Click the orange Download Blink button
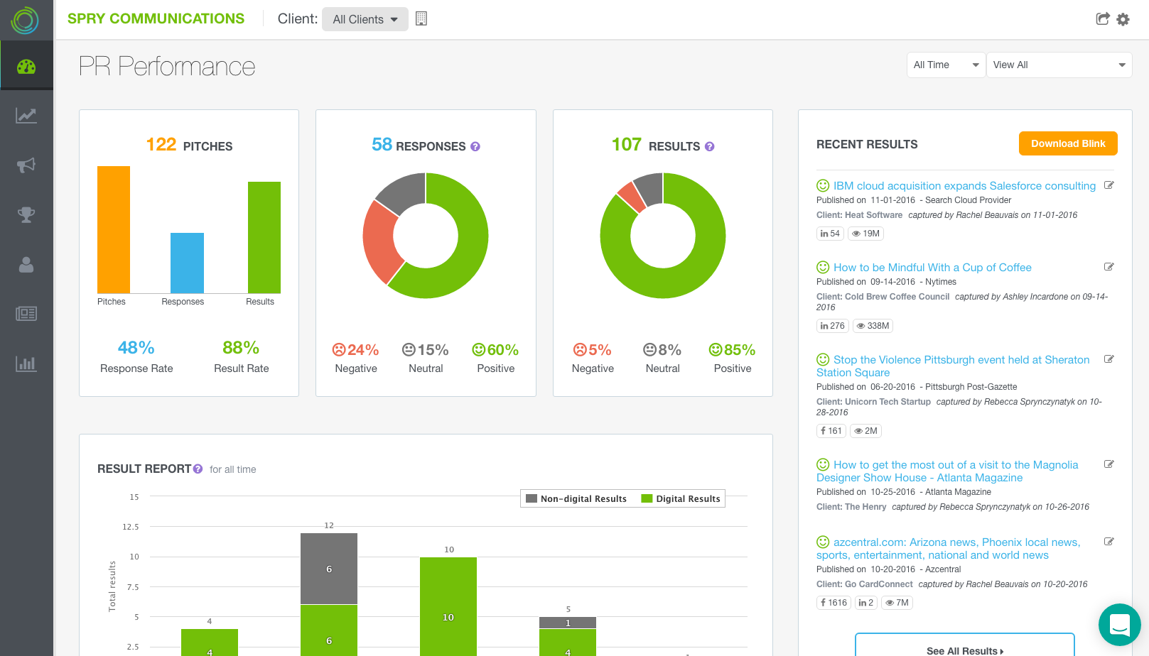1068,143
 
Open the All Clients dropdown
365,19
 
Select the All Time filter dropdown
946,65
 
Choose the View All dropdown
1059,65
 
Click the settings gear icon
1123,19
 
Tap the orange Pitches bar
114,229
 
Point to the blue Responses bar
187,263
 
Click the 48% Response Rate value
136,348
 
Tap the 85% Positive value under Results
732,350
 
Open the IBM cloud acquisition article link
964,186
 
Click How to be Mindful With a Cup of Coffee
932,268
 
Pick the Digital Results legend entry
681,499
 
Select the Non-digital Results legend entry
576,499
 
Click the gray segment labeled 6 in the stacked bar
329,569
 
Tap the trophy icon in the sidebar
26,214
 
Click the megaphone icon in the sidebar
26,165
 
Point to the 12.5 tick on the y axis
131,527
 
